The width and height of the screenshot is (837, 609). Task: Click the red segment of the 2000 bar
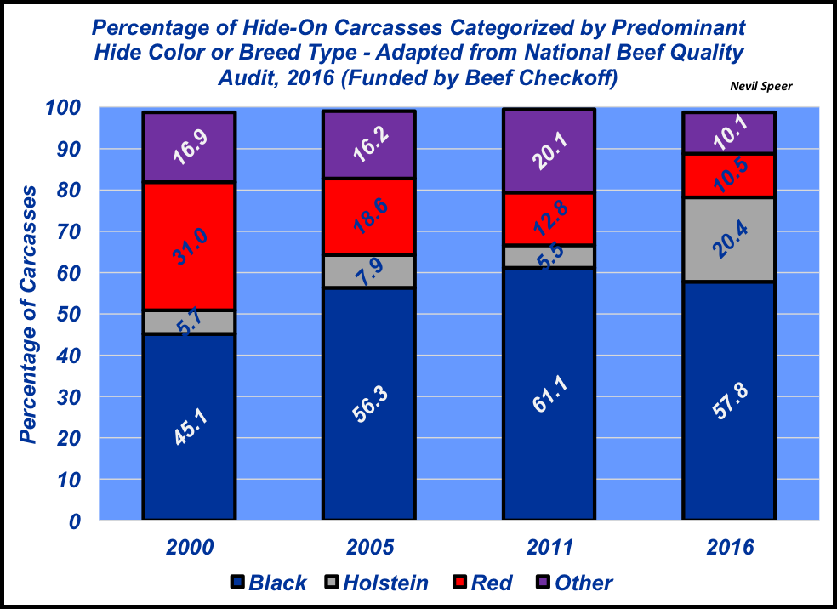[x=189, y=246]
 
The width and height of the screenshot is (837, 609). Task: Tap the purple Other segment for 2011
[x=549, y=151]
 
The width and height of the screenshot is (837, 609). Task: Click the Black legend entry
[x=270, y=583]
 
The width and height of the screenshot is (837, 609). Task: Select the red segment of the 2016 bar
[x=729, y=175]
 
